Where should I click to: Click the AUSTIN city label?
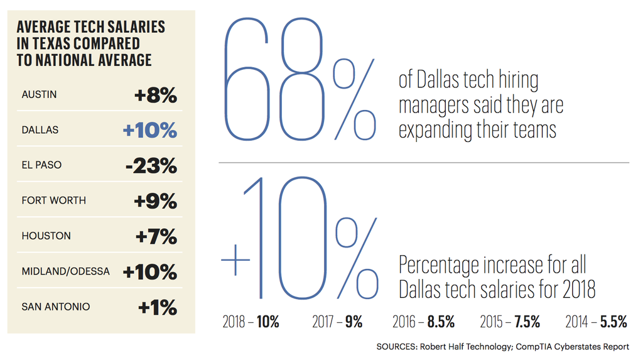39,95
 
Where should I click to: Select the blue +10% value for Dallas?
150,130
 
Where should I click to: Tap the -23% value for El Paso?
151,166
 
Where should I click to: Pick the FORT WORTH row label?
53,201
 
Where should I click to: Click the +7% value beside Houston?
156,237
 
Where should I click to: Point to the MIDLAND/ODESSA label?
65,272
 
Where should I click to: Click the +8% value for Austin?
156,95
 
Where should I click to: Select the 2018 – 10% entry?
251,322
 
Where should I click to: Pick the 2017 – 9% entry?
337,322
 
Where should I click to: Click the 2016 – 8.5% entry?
423,322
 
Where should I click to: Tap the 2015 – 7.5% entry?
510,322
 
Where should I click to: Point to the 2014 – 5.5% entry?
596,322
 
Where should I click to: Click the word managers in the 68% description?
430,106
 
